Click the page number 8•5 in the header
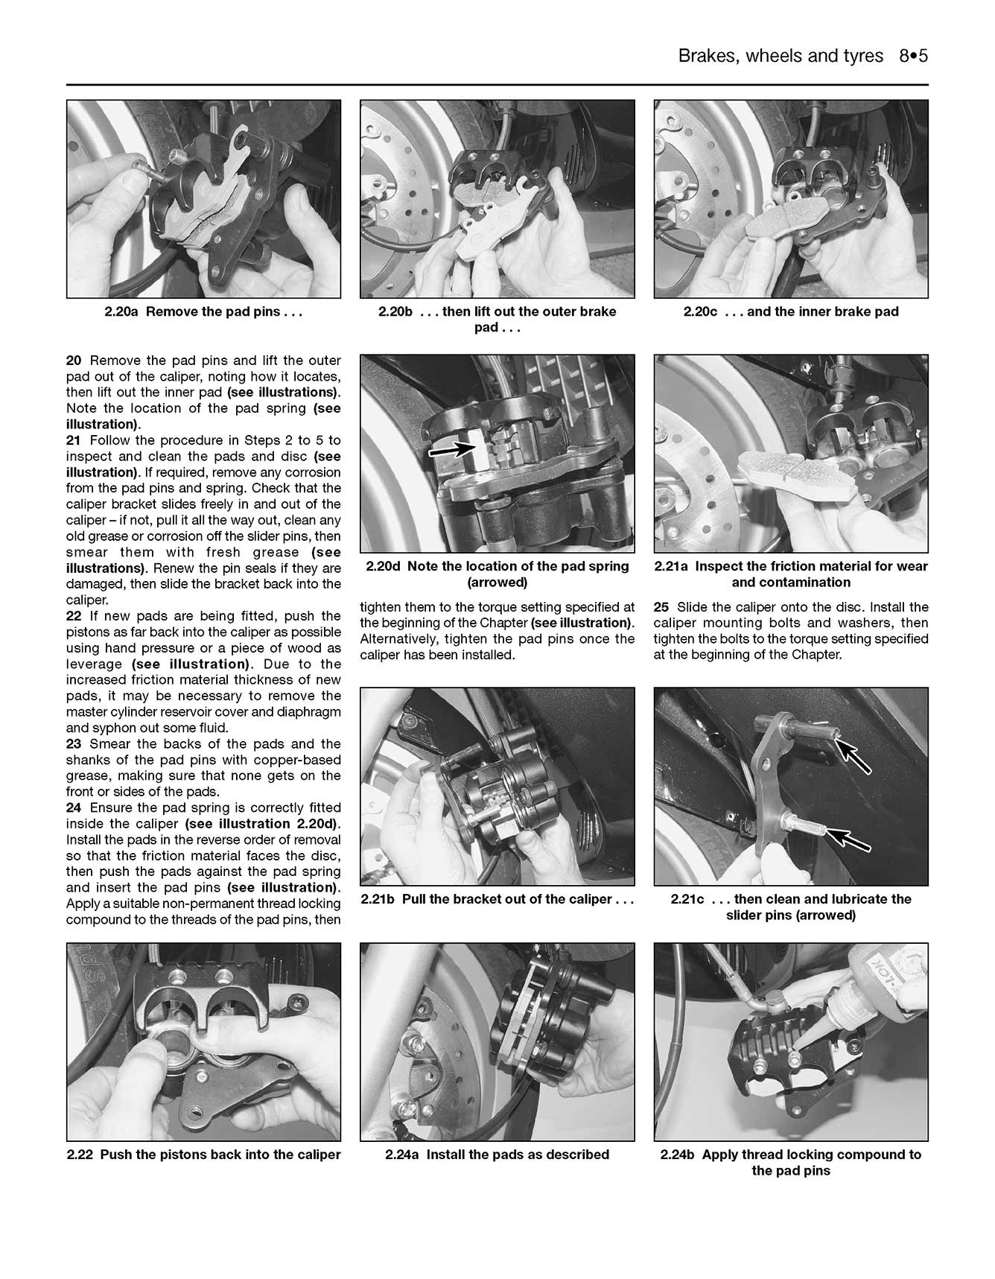click(913, 57)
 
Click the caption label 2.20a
click(122, 312)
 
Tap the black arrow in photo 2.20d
click(454, 449)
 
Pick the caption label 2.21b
click(378, 899)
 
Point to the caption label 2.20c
click(700, 312)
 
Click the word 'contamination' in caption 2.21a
click(791, 583)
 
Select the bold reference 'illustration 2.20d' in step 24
click(277, 824)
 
